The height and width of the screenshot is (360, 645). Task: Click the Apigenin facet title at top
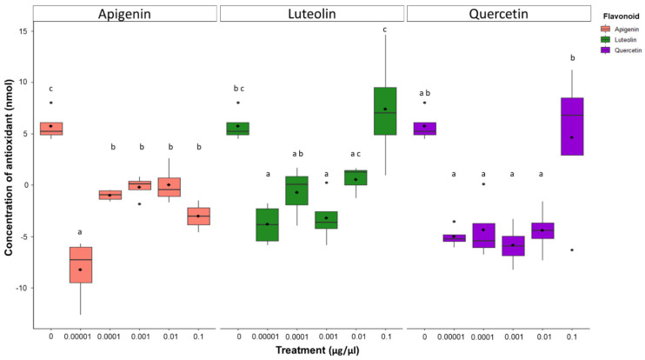[123, 14]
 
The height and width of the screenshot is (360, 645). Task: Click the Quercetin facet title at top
[497, 14]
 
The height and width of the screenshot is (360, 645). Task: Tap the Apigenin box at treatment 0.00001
[81, 264]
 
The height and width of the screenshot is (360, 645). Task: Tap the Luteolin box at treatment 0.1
[385, 111]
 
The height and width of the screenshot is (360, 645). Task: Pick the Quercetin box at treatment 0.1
[571, 126]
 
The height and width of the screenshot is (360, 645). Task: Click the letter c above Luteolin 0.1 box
[385, 30]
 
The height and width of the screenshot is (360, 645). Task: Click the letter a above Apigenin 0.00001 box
[81, 232]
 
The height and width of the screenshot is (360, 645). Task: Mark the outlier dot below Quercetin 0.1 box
[571, 250]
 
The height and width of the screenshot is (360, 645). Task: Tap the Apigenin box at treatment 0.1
[199, 217]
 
